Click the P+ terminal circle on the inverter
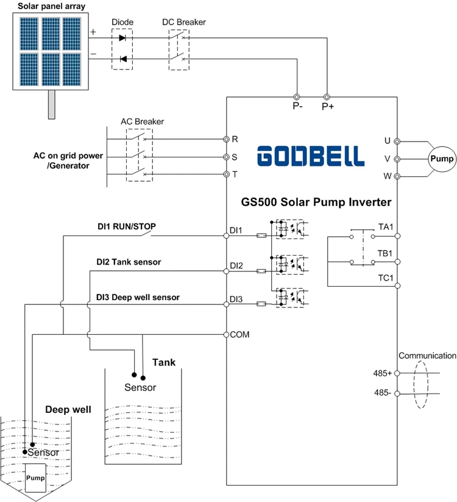click(x=327, y=97)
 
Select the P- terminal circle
click(x=297, y=97)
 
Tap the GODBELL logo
click(x=311, y=156)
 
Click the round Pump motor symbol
click(x=442, y=159)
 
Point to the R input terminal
click(x=227, y=139)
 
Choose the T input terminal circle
click(x=227, y=174)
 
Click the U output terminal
click(x=397, y=141)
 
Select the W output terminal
click(x=397, y=176)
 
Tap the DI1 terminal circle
click(x=227, y=235)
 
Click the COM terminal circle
click(x=227, y=334)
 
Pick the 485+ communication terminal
click(x=397, y=373)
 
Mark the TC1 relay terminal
click(x=397, y=285)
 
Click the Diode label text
click(x=122, y=22)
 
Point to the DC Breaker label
click(x=184, y=22)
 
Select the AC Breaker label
click(x=143, y=121)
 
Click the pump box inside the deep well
click(x=35, y=478)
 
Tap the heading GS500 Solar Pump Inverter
click(x=316, y=202)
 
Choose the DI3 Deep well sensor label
click(x=138, y=298)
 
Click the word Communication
click(x=427, y=356)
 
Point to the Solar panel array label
click(x=51, y=6)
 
